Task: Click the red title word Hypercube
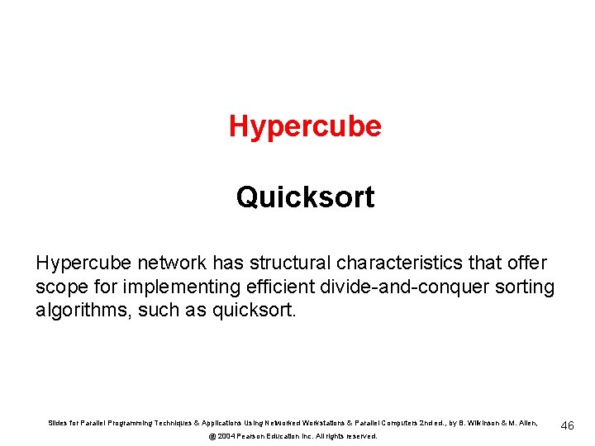coord(305,126)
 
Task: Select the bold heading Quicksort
coord(305,197)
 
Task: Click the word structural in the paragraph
coord(284,263)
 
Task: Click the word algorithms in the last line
coord(79,311)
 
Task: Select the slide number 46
coord(568,425)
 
